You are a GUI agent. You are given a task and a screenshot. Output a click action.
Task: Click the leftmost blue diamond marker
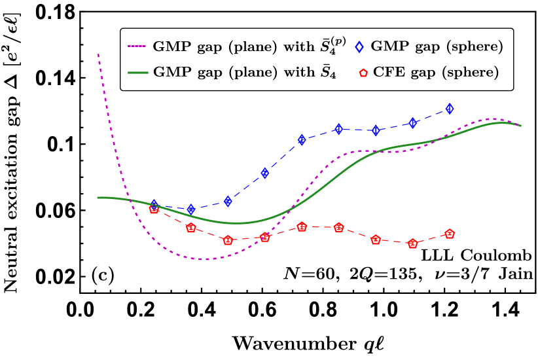(154, 205)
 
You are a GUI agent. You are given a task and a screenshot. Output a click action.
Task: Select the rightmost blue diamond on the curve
(450, 109)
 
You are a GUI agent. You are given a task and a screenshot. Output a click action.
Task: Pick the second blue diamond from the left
(191, 209)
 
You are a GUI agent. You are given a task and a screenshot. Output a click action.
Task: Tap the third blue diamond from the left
(228, 201)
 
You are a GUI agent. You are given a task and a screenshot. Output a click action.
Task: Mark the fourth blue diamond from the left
(265, 173)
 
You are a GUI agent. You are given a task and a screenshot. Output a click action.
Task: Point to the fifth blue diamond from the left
(302, 139)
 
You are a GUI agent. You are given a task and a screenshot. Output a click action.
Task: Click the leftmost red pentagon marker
(154, 209)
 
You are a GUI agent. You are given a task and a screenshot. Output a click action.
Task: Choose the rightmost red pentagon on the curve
(450, 234)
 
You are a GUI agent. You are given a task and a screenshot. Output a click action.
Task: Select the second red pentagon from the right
(412, 243)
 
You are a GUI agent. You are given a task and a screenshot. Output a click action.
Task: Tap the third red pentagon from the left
(228, 240)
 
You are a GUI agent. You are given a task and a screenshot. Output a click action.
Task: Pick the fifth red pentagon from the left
(302, 226)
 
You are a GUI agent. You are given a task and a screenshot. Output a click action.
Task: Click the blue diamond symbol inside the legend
(359, 47)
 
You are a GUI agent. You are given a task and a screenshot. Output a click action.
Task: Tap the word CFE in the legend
(387, 73)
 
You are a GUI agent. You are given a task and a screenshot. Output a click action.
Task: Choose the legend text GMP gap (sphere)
(437, 47)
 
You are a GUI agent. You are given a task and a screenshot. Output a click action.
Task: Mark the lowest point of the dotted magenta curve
(204, 259)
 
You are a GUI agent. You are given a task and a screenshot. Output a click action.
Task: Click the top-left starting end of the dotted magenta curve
(98, 54)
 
